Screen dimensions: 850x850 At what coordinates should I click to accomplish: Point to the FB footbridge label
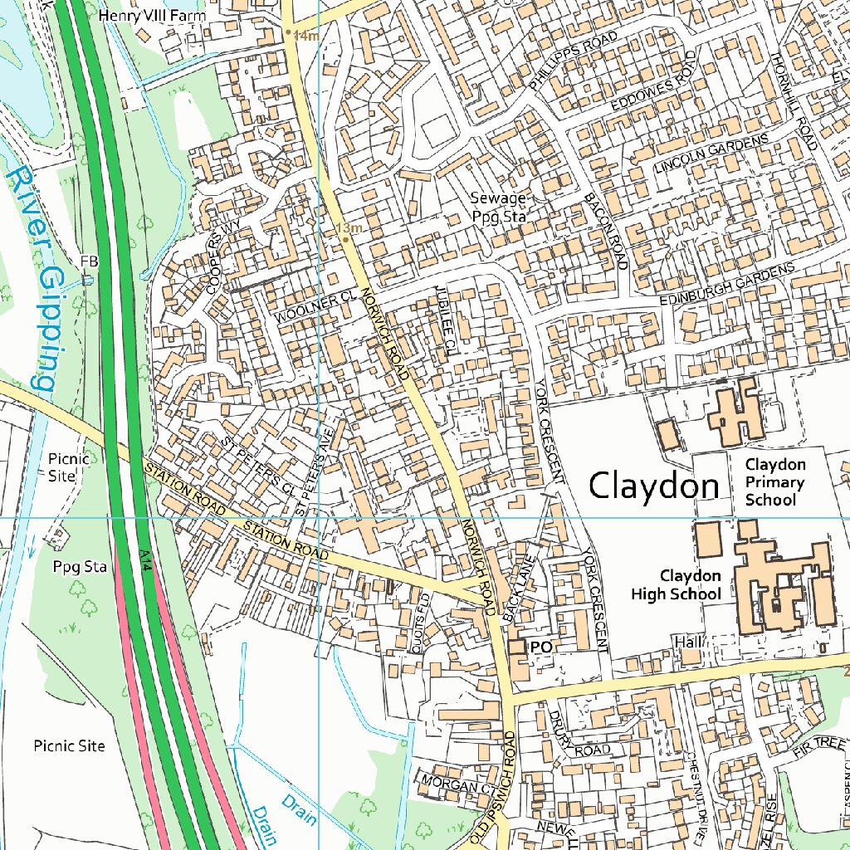pyautogui.click(x=89, y=261)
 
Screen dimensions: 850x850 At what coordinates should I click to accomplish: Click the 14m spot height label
pyautogui.click(x=305, y=36)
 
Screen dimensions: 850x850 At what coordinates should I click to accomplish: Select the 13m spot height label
pyautogui.click(x=349, y=227)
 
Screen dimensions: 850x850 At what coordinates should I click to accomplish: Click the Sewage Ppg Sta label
pyautogui.click(x=498, y=207)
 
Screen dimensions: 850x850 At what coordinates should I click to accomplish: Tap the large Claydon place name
pyautogui.click(x=653, y=486)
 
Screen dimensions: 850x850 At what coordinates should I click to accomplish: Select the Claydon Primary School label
pyautogui.click(x=774, y=482)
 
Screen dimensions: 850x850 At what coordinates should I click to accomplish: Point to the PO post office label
pyautogui.click(x=541, y=647)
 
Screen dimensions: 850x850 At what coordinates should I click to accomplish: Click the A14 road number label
pyautogui.click(x=145, y=558)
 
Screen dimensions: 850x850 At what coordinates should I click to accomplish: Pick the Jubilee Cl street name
pyautogui.click(x=446, y=317)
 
